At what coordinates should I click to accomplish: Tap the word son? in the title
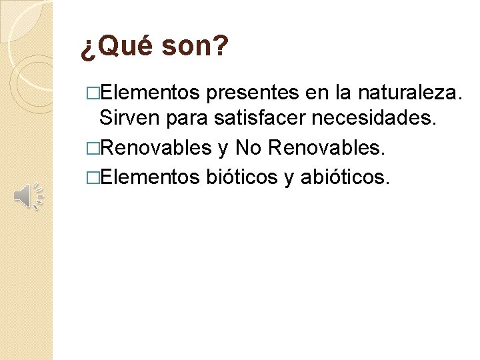pyautogui.click(x=195, y=47)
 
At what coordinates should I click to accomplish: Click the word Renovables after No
pyautogui.click(x=326, y=147)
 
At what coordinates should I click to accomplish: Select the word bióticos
pyautogui.click(x=241, y=177)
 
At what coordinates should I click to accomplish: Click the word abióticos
pyautogui.click(x=344, y=177)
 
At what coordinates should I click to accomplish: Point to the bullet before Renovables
pyautogui.click(x=92, y=148)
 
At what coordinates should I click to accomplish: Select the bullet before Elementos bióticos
pyautogui.click(x=92, y=177)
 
